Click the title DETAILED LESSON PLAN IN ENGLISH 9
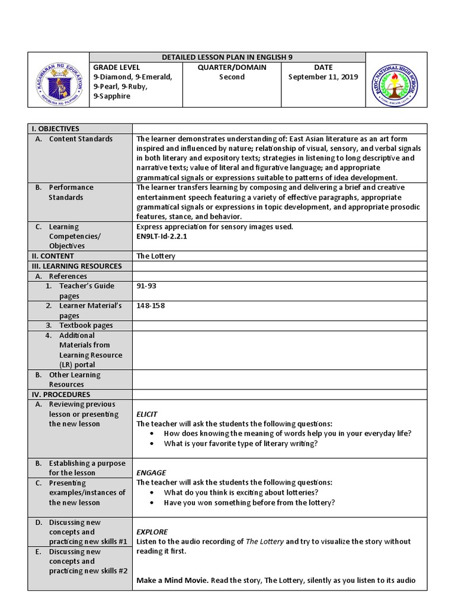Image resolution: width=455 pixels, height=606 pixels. coord(227,57)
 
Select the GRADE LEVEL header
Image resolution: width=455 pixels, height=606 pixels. coord(116,67)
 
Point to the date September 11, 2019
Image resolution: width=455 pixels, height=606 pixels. coord(323,77)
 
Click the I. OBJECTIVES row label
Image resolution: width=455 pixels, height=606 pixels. coord(55,129)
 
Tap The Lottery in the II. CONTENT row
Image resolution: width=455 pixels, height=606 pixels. coord(156,256)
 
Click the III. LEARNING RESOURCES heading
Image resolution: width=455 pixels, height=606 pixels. coord(76,266)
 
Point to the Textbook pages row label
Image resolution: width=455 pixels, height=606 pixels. coord(86,325)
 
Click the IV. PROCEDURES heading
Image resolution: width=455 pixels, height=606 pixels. coord(61,395)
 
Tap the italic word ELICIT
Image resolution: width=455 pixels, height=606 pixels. coord(147,414)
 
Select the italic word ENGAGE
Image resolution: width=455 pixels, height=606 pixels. coord(151,473)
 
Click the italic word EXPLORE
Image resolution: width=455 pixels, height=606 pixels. coord(152,532)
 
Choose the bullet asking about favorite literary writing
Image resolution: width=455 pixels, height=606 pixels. coord(241,443)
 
